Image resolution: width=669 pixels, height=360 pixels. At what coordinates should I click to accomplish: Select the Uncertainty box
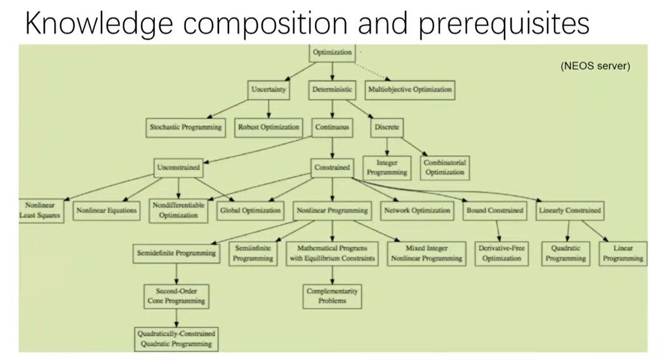click(x=268, y=90)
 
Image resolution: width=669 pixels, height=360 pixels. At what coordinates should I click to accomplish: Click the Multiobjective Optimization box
click(x=410, y=90)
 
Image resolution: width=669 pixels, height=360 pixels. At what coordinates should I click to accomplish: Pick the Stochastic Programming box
click(x=186, y=127)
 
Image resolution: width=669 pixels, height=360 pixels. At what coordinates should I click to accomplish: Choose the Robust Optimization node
click(x=268, y=127)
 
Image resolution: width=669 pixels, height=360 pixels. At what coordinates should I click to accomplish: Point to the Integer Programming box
click(x=387, y=167)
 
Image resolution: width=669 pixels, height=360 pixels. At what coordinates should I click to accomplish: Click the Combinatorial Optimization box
click(x=445, y=167)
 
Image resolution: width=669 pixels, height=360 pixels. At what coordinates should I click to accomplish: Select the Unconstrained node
click(x=178, y=168)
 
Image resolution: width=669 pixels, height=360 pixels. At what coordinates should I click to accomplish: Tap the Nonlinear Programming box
click(x=332, y=210)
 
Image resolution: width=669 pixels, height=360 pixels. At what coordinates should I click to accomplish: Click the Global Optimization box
click(x=250, y=210)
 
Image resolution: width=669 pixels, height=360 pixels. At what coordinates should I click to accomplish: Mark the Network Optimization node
click(x=417, y=210)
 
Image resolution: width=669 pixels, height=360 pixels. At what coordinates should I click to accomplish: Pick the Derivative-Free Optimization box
click(x=501, y=253)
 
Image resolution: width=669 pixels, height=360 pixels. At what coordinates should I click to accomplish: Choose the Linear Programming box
click(x=623, y=253)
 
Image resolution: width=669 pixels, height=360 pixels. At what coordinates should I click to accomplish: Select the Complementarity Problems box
click(x=332, y=296)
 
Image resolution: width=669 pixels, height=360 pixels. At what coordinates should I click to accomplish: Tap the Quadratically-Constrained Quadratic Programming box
click(x=176, y=338)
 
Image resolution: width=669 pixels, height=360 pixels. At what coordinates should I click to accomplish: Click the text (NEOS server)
click(x=595, y=66)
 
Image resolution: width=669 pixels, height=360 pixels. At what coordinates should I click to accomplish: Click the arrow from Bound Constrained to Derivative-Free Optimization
click(x=498, y=230)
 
